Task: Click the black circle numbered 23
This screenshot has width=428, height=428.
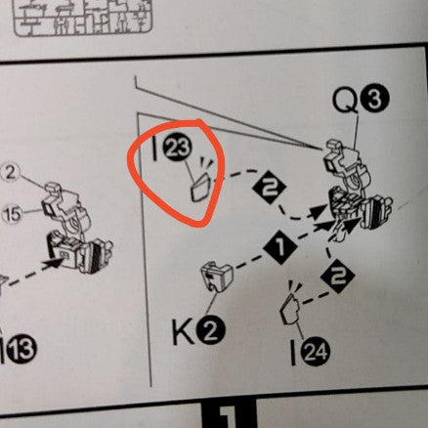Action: coord(178,149)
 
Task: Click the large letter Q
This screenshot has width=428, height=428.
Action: coord(345,100)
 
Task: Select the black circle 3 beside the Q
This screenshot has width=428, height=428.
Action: coord(374,101)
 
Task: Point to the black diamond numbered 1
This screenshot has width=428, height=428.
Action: coord(280,247)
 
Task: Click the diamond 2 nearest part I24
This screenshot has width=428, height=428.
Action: coord(337,277)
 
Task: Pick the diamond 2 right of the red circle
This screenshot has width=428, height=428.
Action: coord(269,187)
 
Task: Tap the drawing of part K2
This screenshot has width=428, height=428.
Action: coord(217,278)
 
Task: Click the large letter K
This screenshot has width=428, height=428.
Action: coord(184,332)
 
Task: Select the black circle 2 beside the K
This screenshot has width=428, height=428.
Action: coord(210,332)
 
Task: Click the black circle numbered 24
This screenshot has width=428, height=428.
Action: coord(316,352)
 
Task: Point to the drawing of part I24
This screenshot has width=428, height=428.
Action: coord(291,309)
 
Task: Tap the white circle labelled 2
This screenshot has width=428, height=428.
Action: coord(10,174)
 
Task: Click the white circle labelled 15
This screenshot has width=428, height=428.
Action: coord(12,214)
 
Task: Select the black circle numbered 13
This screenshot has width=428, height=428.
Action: coord(21,349)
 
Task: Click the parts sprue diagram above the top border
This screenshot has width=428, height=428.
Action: coord(83,17)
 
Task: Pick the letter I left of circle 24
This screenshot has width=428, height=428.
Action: coord(294,353)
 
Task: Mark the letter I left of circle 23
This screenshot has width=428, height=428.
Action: coord(155,149)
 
